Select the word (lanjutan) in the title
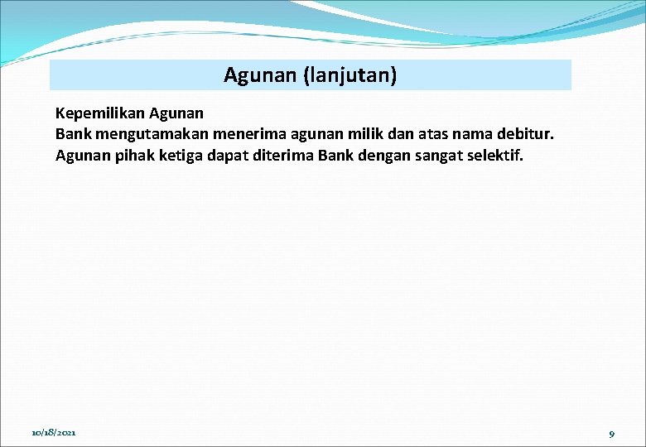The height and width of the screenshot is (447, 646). pyautogui.click(x=350, y=76)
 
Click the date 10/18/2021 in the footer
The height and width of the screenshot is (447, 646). pyautogui.click(x=54, y=433)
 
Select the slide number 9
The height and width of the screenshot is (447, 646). pyautogui.click(x=611, y=434)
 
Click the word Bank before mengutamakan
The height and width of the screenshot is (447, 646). pyautogui.click(x=74, y=133)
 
